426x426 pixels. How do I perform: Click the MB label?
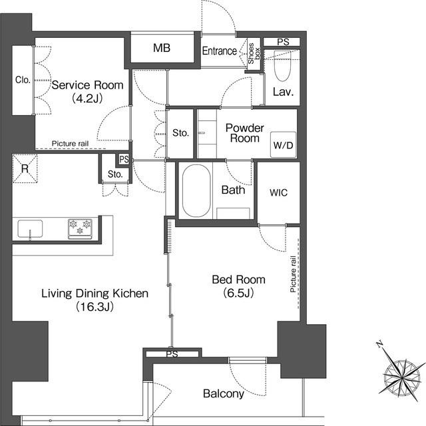click(x=162, y=48)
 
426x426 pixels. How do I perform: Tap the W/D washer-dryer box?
click(x=283, y=145)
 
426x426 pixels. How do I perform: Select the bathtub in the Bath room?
click(x=196, y=191)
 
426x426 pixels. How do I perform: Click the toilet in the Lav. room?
click(x=282, y=66)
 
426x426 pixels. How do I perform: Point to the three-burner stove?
click(x=80, y=229)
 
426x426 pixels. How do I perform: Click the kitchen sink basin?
click(x=30, y=229)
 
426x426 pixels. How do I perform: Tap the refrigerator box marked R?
click(x=25, y=168)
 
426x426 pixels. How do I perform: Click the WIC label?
click(x=278, y=192)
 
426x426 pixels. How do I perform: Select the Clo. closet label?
click(x=23, y=80)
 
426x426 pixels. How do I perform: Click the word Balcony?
click(x=224, y=393)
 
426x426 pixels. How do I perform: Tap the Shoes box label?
click(x=254, y=53)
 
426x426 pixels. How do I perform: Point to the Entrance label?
click(x=220, y=51)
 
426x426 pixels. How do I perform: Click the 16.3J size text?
click(x=95, y=307)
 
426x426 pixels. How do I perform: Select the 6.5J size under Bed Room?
click(x=238, y=293)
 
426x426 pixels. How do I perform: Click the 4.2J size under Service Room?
click(x=87, y=99)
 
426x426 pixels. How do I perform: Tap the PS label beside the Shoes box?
click(x=283, y=42)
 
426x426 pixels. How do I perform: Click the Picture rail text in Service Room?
click(x=70, y=144)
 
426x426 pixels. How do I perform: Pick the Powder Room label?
click(x=245, y=133)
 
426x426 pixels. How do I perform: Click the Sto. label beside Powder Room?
click(x=180, y=133)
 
